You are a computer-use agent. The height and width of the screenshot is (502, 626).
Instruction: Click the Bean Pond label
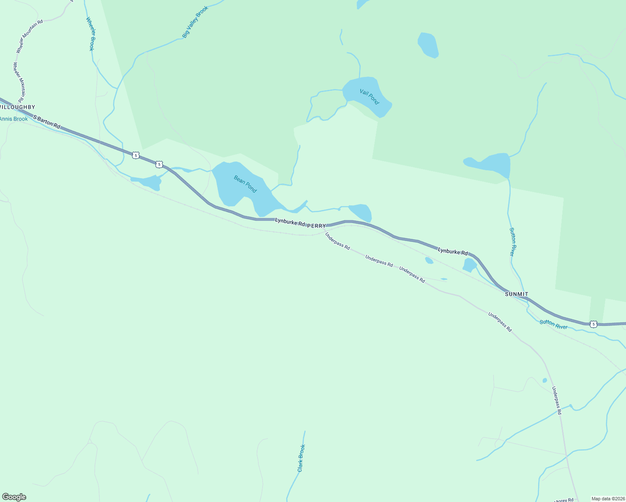[245, 184]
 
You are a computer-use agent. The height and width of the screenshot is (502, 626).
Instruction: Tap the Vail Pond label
[369, 97]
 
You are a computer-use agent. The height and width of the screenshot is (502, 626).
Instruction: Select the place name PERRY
[316, 226]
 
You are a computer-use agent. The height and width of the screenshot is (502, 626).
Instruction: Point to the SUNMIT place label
[516, 294]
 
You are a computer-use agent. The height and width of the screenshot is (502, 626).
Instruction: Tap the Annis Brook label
[14, 119]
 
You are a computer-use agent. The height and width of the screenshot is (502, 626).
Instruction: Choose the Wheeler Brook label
[90, 34]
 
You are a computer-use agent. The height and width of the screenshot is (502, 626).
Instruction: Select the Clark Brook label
[301, 458]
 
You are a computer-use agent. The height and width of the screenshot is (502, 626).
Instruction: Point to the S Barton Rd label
[46, 122]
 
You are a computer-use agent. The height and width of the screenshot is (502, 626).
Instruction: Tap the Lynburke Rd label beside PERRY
[290, 222]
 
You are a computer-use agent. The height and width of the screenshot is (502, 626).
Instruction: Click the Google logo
[14, 497]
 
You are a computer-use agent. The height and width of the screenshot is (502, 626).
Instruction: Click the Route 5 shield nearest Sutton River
[593, 324]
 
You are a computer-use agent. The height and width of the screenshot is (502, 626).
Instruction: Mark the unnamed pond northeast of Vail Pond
[428, 45]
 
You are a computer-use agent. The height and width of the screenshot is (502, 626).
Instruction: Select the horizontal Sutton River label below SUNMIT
[553, 324]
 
